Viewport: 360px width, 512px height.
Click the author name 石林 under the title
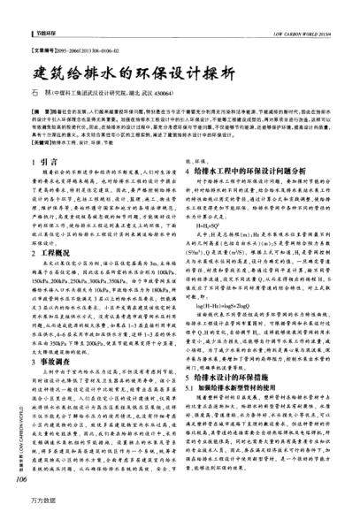tap(42, 91)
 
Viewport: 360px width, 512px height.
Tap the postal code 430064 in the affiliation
tap(157, 91)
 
